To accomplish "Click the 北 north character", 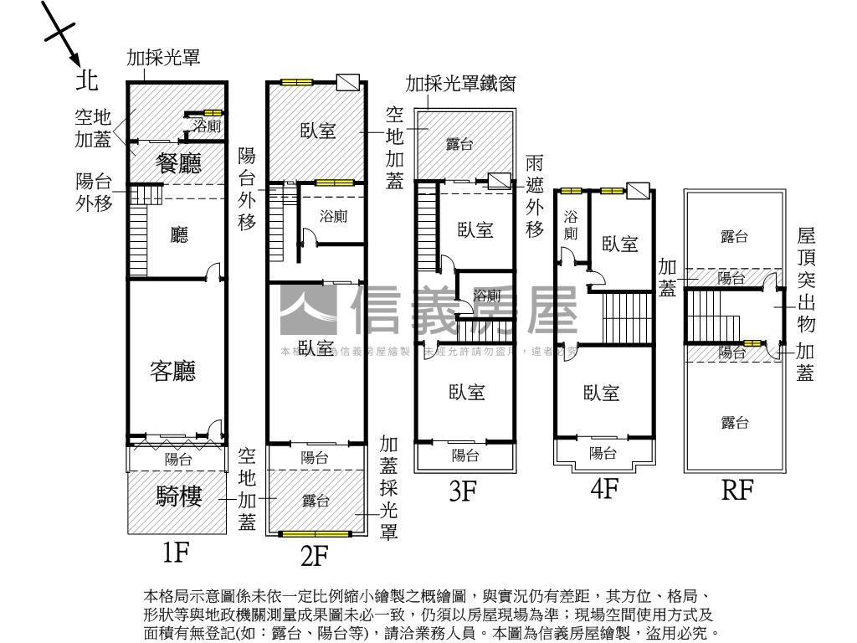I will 86,80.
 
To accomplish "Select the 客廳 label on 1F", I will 174,371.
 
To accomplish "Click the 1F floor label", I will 177,553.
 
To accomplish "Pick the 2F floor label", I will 314,554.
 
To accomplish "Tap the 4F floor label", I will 604,488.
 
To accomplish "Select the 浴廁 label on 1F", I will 207,126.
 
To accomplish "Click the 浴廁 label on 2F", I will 333,216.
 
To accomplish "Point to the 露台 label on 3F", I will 459,145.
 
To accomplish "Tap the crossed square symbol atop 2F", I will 347,82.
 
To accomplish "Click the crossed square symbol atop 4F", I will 639,192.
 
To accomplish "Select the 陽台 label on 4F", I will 603,453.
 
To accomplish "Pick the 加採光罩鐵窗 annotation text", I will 460,84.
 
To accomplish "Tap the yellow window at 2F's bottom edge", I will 314,533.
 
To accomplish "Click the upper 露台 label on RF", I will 733,238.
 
